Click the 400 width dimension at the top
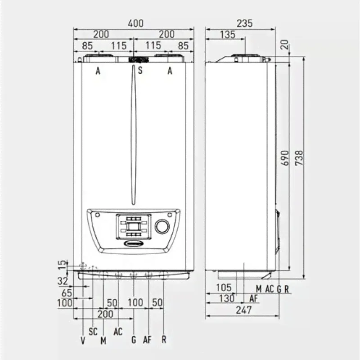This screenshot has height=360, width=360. tap(136, 23)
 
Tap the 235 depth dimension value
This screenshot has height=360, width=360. tap(244, 23)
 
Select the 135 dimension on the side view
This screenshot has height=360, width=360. tap(228, 35)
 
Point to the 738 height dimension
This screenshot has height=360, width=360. tap(299, 158)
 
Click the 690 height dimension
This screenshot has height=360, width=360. tap(285, 158)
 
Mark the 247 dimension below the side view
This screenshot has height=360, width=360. tap(244, 310)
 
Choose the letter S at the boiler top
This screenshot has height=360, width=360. tap(140, 70)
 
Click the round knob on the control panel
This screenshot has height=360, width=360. tap(162, 226)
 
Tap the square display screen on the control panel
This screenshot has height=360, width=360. tap(134, 227)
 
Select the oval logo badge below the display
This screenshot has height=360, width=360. tap(134, 243)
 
